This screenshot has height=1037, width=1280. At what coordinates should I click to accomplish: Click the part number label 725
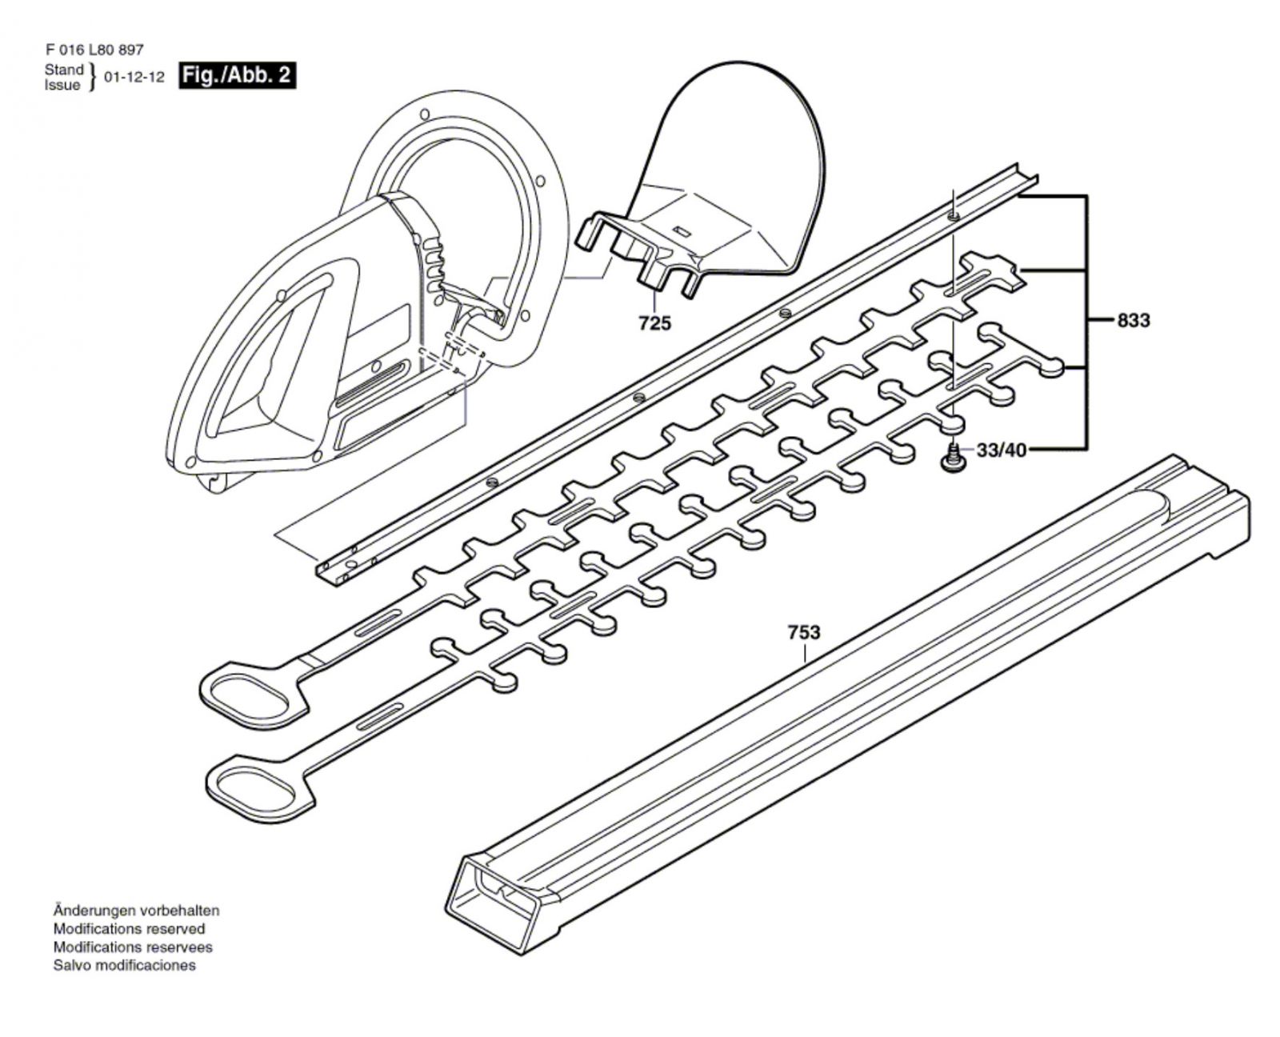pyautogui.click(x=654, y=323)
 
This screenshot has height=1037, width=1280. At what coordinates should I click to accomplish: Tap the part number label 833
pyautogui.click(x=1133, y=321)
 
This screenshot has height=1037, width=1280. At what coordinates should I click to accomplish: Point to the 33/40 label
pyautogui.click(x=1001, y=450)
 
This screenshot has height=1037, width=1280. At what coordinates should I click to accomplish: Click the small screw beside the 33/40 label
pyautogui.click(x=953, y=459)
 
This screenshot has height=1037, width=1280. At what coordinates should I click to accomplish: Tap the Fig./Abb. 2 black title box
pyautogui.click(x=237, y=76)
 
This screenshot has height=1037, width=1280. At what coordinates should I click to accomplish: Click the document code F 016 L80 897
pyautogui.click(x=94, y=50)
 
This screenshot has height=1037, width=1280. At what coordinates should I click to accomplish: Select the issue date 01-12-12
pyautogui.click(x=134, y=78)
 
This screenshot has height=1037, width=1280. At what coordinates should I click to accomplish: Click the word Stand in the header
pyautogui.click(x=64, y=70)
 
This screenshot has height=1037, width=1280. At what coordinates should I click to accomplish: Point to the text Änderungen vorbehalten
pyautogui.click(x=136, y=911)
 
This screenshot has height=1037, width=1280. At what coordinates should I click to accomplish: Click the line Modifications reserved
pyautogui.click(x=129, y=929)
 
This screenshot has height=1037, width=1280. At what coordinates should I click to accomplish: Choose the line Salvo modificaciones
pyautogui.click(x=124, y=965)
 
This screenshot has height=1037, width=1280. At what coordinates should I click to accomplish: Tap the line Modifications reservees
pyautogui.click(x=133, y=947)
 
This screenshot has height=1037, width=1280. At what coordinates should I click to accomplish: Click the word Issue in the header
pyautogui.click(x=62, y=85)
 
